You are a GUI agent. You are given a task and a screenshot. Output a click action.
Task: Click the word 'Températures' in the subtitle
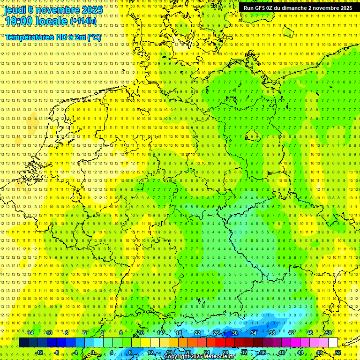[x=27, y=37]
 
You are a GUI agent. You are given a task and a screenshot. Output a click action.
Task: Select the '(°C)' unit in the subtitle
[x=93, y=37]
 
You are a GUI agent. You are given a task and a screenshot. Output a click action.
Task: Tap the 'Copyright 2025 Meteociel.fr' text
[x=199, y=357]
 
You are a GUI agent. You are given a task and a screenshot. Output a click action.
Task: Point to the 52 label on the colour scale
[x=338, y=352]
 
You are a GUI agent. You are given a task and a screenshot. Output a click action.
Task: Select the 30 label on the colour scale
[x=235, y=333]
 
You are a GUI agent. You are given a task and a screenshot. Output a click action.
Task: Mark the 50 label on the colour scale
[x=328, y=333]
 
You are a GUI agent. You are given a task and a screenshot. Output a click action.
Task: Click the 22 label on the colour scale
[x=197, y=333]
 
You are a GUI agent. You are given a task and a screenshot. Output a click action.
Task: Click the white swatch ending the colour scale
[x=333, y=343]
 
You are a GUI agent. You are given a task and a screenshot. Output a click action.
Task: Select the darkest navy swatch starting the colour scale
[x=23, y=343]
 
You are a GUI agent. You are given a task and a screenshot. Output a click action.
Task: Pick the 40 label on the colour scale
[x=282, y=352]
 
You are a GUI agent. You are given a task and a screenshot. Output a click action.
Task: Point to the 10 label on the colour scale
[x=141, y=333]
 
